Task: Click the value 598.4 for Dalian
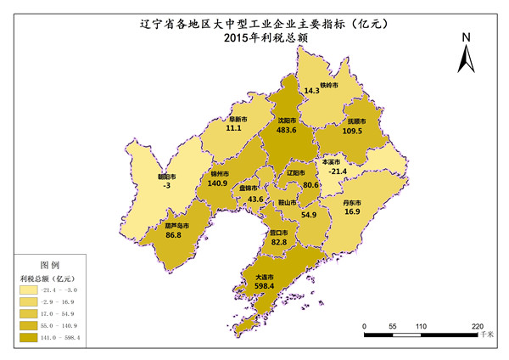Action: (x=265, y=287)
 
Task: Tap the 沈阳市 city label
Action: (x=287, y=121)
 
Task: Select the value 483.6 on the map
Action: (x=287, y=131)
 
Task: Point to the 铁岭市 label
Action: (x=329, y=86)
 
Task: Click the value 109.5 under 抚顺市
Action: (x=352, y=132)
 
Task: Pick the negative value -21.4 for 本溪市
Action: (x=338, y=171)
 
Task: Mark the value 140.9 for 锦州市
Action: (x=218, y=183)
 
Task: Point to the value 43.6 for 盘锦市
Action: (x=254, y=199)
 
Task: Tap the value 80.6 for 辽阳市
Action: (x=310, y=185)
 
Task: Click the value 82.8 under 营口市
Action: (x=278, y=243)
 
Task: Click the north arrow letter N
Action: (x=466, y=37)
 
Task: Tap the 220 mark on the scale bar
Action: (x=477, y=326)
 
